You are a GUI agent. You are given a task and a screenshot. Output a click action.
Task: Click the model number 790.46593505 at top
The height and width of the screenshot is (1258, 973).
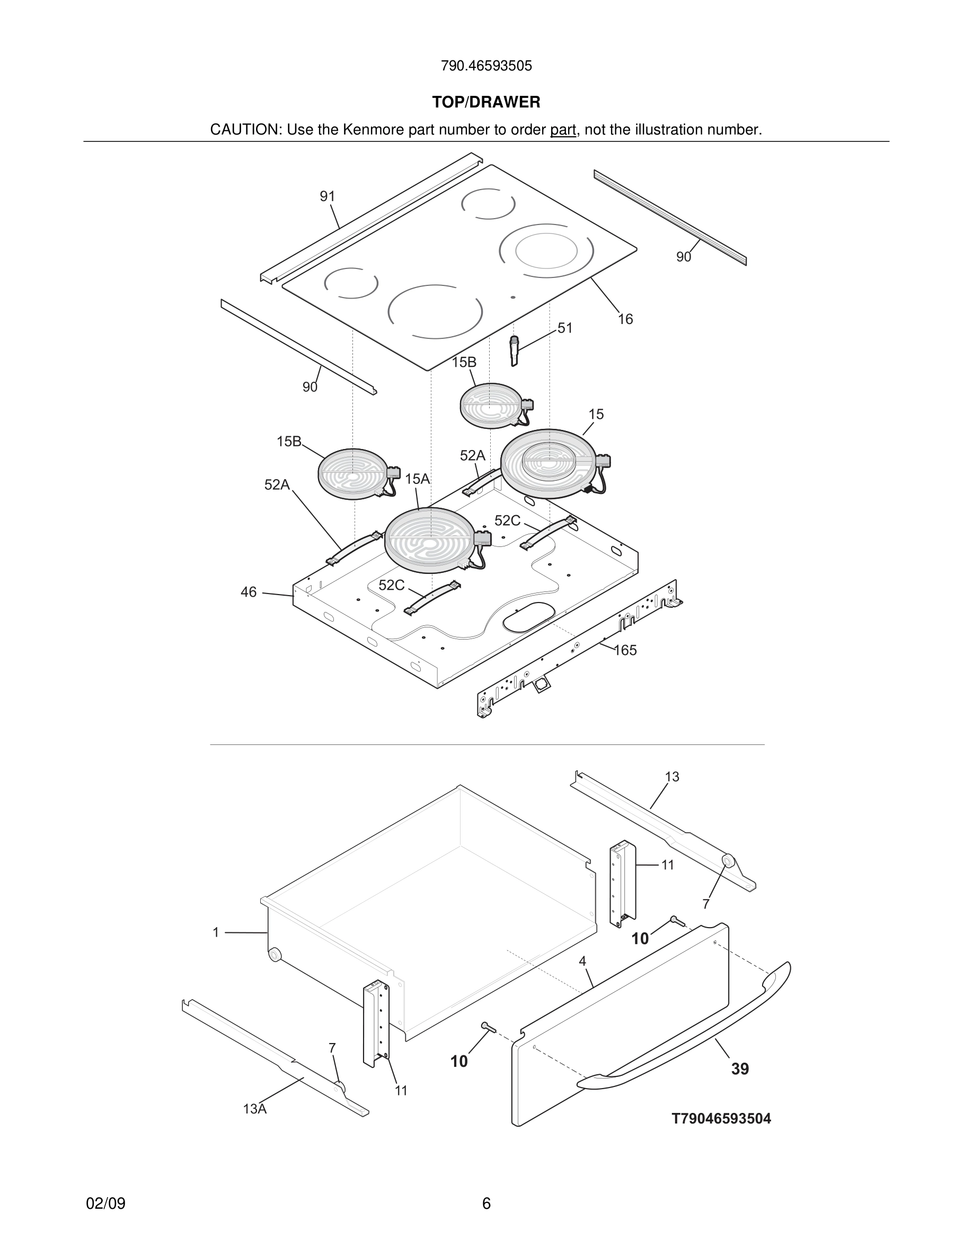click(486, 66)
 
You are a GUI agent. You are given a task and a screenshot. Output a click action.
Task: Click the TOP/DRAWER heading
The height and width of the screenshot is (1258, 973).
click(486, 103)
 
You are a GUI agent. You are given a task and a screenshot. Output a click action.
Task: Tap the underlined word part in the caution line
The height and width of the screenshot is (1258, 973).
click(563, 130)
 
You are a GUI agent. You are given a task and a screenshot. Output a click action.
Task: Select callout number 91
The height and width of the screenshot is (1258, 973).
click(328, 196)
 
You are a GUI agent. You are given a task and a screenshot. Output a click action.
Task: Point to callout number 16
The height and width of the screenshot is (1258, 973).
click(625, 319)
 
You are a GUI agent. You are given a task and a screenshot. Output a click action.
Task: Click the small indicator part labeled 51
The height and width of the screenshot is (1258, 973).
click(514, 351)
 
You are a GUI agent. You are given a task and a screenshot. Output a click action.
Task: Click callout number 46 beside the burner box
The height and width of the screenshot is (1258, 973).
click(249, 592)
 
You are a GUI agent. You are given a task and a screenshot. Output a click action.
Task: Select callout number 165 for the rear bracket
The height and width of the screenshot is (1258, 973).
click(625, 650)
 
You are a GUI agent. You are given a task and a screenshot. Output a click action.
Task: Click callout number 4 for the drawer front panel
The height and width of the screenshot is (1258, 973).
click(582, 962)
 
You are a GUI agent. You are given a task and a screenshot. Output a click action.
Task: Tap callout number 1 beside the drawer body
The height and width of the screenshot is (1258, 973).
click(216, 932)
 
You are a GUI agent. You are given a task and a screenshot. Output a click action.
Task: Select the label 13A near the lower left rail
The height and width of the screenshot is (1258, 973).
click(254, 1109)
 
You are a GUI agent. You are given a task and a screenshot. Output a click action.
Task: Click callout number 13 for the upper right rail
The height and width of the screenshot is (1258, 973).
click(671, 777)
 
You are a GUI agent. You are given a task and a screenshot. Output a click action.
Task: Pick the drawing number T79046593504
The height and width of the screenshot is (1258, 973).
click(721, 1119)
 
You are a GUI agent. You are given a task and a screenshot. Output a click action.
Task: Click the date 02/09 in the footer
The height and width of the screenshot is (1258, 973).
click(105, 1203)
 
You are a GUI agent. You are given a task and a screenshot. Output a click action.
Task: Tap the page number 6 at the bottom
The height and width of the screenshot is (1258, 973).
click(486, 1203)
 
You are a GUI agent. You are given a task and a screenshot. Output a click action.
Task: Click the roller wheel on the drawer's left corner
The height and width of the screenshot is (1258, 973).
click(275, 955)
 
